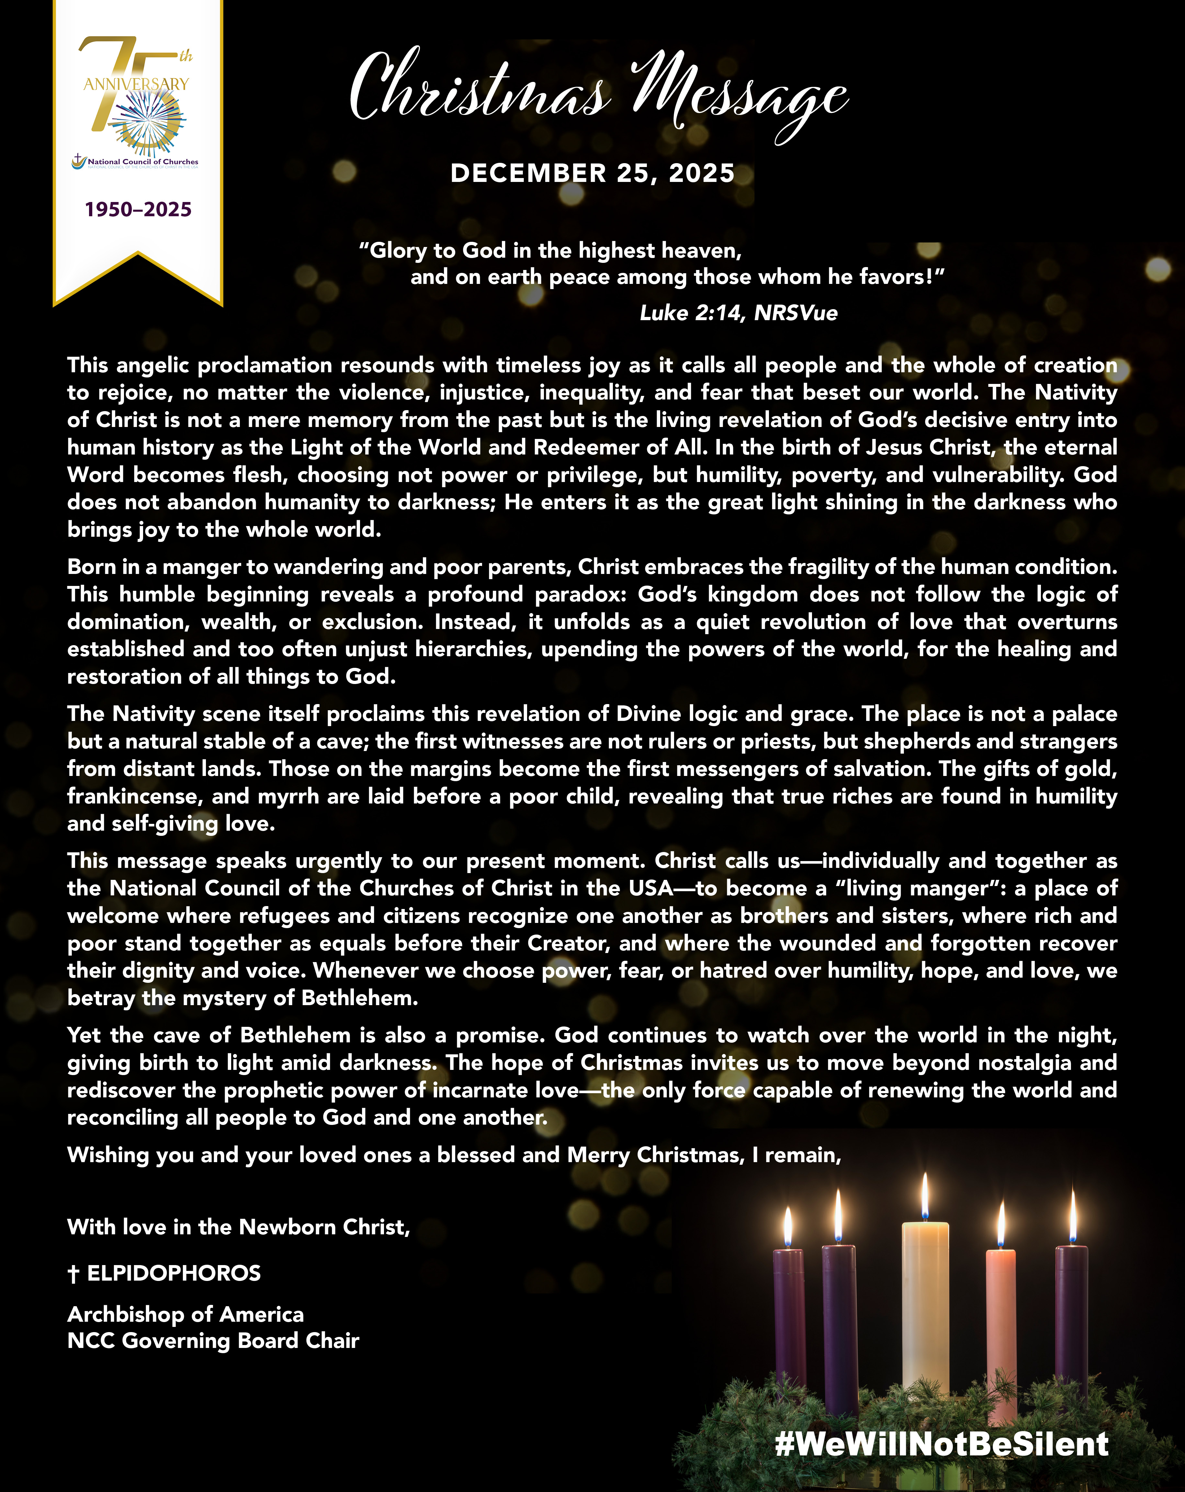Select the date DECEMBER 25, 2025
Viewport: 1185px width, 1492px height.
592,173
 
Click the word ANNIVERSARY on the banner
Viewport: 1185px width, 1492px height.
136,84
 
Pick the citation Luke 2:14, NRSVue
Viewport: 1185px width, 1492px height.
739,313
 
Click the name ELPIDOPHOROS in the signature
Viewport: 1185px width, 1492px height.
174,1273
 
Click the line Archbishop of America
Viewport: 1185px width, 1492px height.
186,1314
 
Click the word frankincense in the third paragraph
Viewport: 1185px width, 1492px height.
135,797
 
